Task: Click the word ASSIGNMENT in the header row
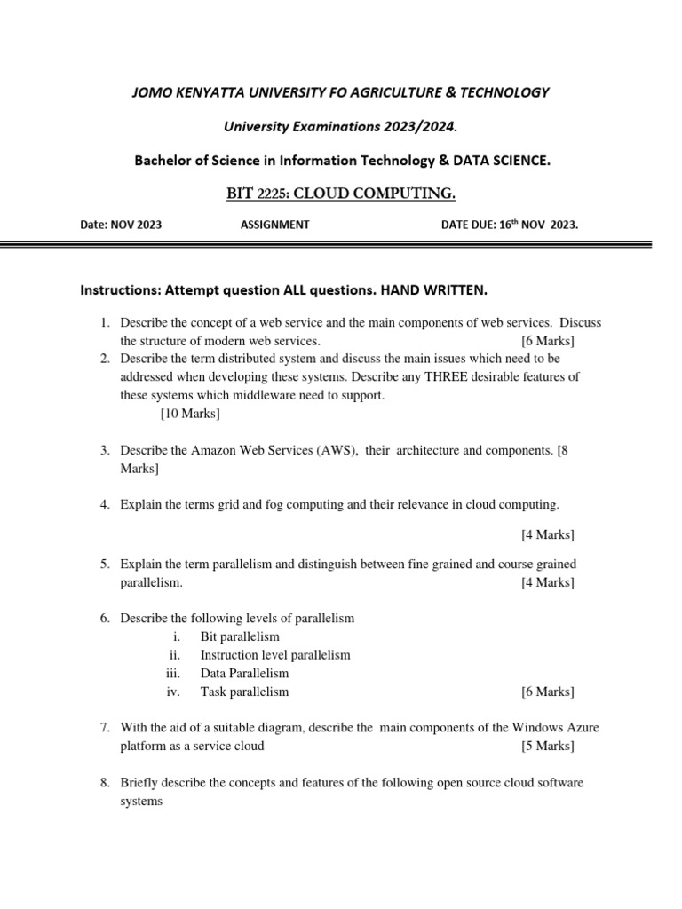[x=274, y=225]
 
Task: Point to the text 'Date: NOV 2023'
[x=122, y=225]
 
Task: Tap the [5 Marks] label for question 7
[x=547, y=746]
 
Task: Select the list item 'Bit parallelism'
[x=240, y=636]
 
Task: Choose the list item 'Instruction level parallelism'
[x=275, y=655]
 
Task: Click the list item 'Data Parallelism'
[x=244, y=673]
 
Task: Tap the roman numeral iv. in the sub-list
[x=174, y=692]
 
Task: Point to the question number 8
[x=104, y=782]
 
